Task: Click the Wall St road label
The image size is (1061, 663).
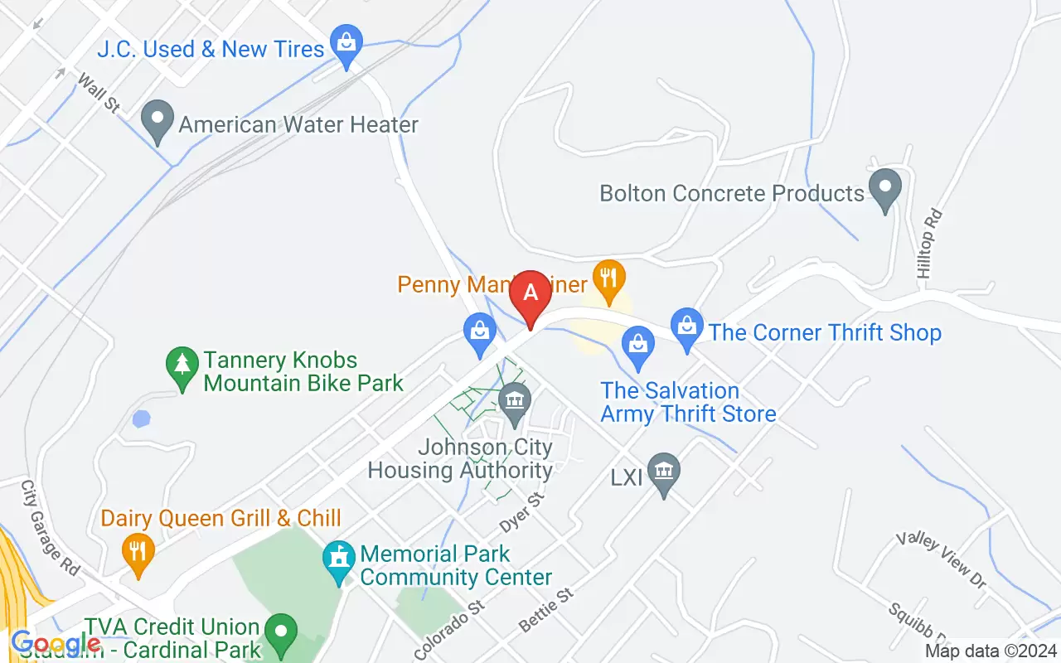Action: point(99,93)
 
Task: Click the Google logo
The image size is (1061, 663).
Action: point(56,643)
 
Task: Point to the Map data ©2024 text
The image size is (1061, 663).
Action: point(991,651)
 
